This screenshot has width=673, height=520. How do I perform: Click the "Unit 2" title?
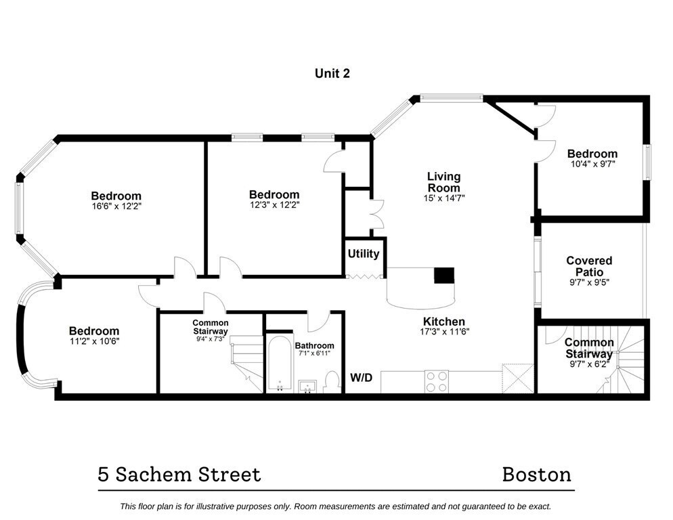[332, 73]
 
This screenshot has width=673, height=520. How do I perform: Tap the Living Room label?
[443, 182]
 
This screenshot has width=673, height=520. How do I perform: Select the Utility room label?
[364, 254]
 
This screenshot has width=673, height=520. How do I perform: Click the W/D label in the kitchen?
[360, 377]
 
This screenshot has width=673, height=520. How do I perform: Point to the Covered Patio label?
[589, 266]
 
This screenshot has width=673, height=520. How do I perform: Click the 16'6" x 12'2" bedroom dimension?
[116, 207]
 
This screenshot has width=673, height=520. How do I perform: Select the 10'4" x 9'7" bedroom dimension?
[592, 164]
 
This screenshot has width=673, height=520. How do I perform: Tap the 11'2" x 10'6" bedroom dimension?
[93, 342]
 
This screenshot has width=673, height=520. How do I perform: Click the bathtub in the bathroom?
[278, 363]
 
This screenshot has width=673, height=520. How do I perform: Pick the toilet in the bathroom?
[332, 381]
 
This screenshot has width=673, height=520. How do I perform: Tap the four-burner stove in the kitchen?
[435, 381]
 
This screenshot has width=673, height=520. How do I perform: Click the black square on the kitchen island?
[444, 275]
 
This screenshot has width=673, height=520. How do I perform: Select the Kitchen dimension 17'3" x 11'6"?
[443, 332]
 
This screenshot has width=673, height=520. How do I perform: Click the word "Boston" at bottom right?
[536, 474]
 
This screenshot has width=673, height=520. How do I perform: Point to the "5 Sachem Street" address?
[179, 474]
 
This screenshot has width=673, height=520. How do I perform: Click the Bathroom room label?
[314, 345]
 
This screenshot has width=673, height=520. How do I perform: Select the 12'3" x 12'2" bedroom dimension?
[274, 205]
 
